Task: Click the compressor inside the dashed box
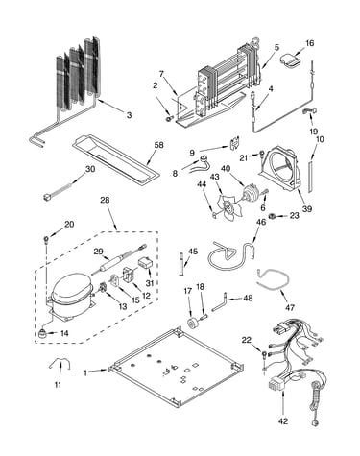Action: [71, 297]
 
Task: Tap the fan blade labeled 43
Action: [228, 205]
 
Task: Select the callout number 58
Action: [158, 145]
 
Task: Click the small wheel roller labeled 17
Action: [193, 323]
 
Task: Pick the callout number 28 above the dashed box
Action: [105, 200]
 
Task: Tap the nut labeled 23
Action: [273, 216]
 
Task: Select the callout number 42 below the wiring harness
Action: [283, 421]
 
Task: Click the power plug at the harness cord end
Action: [314, 423]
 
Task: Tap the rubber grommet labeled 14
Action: [42, 333]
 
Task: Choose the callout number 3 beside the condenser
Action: [129, 115]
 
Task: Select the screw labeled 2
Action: [168, 119]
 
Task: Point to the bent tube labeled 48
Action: [219, 301]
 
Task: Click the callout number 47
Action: [290, 307]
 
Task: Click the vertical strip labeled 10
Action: [310, 177]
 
